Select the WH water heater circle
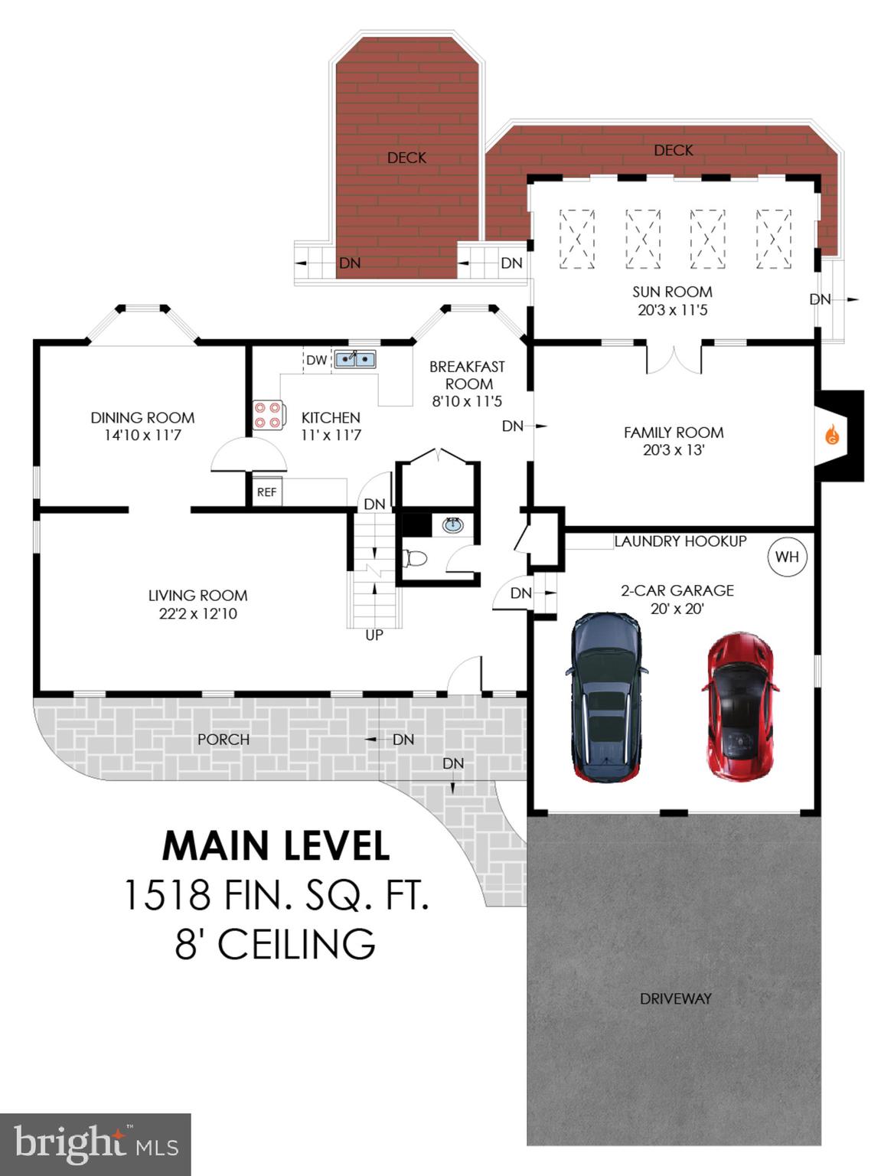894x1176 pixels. click(x=787, y=557)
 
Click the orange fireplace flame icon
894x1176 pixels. click(x=832, y=436)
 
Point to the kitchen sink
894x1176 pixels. click(x=354, y=358)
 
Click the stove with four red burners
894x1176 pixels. click(x=268, y=415)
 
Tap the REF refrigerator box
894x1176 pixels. click(x=266, y=492)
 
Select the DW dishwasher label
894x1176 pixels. click(x=316, y=360)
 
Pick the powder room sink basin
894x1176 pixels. click(x=453, y=525)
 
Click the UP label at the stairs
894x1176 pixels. click(x=374, y=635)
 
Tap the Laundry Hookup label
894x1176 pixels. click(x=680, y=541)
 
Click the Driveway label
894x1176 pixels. click(x=675, y=998)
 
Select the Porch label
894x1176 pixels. click(x=223, y=739)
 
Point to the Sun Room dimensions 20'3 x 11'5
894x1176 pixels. click(x=672, y=310)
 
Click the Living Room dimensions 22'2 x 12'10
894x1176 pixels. click(x=197, y=613)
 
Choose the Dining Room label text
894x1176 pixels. click(x=142, y=417)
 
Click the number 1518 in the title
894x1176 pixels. click(x=168, y=894)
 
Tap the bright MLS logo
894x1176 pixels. click(x=95, y=1144)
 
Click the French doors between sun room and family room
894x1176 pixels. click(x=674, y=359)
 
